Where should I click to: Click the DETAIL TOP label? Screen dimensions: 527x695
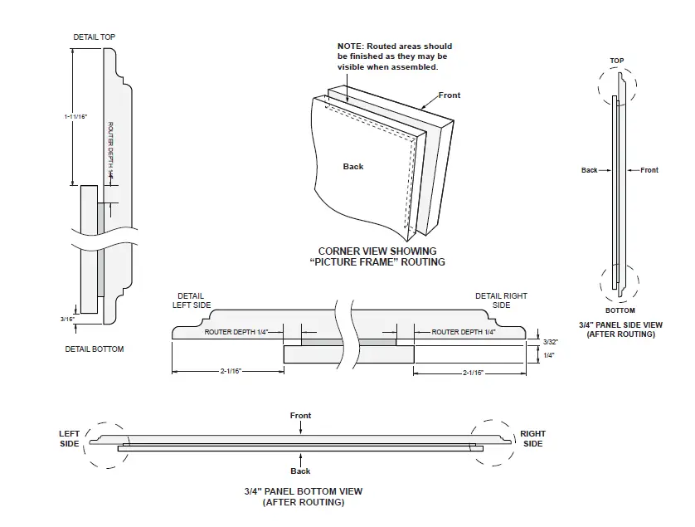click(x=95, y=37)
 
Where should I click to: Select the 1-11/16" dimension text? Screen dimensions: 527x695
click(x=75, y=117)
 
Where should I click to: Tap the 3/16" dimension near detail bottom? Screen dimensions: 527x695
click(x=67, y=319)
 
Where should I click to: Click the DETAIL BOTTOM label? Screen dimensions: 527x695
click(x=95, y=349)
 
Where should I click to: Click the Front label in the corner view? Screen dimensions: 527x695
click(x=449, y=95)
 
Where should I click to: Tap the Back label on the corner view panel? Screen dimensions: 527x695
click(x=353, y=167)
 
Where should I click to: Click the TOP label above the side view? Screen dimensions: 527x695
click(x=616, y=61)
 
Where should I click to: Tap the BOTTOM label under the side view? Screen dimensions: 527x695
click(x=620, y=310)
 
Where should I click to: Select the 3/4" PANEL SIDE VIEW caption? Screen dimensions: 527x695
click(x=620, y=329)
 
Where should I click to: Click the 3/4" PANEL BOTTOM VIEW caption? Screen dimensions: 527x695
click(x=303, y=496)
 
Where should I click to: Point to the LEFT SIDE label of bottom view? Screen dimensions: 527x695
click(x=70, y=438)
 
